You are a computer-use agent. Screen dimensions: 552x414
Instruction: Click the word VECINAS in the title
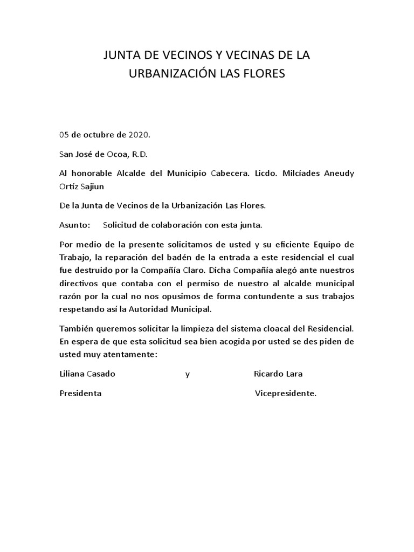point(236,55)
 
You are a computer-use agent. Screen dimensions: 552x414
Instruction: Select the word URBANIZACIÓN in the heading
point(172,73)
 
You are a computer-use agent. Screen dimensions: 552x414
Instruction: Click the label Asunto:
point(74,225)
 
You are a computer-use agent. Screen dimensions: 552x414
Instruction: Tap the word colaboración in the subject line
point(169,225)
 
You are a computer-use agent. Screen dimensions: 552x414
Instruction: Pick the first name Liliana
point(74,374)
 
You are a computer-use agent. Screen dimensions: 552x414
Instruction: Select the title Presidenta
point(80,394)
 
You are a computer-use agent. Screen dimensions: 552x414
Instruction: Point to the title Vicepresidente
point(285,394)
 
